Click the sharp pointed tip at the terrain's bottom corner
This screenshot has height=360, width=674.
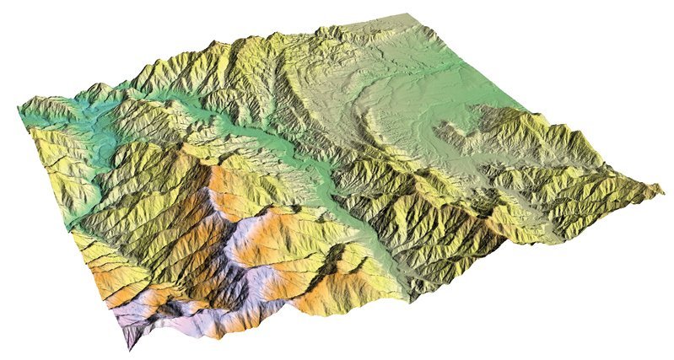click(128, 347)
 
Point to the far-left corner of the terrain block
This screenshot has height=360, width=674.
click(19, 109)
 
